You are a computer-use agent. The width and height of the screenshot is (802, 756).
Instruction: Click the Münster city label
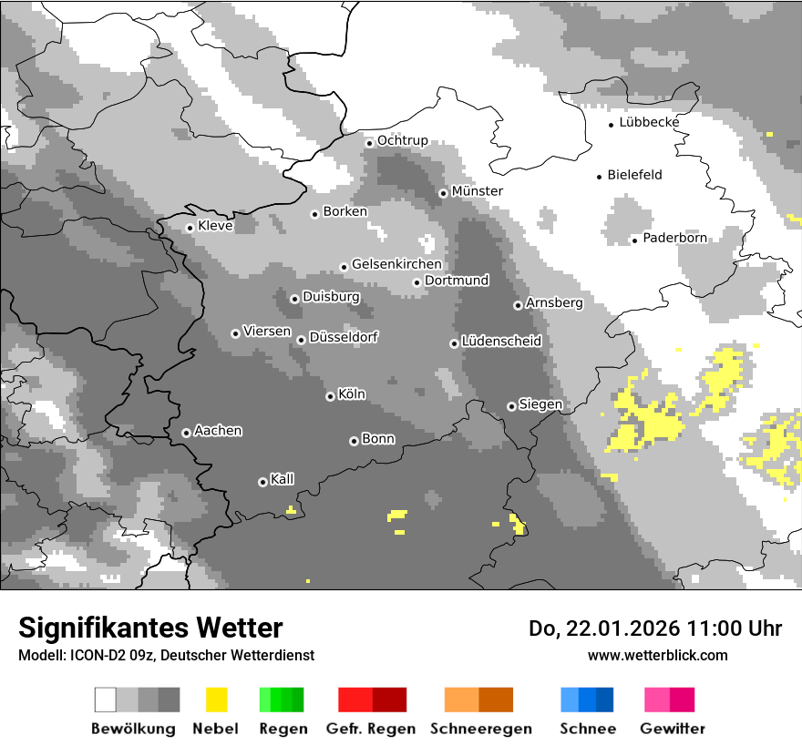tap(477, 191)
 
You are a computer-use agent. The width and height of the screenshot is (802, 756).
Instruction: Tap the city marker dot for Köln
tap(330, 396)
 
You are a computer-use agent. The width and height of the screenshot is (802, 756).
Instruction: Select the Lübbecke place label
tap(649, 122)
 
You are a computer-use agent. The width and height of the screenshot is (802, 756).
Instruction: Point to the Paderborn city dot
tap(634, 240)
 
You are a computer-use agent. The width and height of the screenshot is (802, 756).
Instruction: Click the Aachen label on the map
tap(218, 431)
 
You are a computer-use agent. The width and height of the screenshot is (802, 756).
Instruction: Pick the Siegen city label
tap(540, 404)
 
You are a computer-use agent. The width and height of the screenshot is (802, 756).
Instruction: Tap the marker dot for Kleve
tap(190, 228)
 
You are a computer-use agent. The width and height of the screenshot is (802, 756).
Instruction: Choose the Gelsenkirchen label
tap(396, 264)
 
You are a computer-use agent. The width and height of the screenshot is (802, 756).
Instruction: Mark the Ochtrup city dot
tap(369, 142)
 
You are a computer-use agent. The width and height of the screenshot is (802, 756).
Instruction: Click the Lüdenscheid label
tap(501, 342)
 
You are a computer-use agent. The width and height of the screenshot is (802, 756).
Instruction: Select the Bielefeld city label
tap(634, 175)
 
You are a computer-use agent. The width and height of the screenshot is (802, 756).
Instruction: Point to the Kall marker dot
tap(262, 482)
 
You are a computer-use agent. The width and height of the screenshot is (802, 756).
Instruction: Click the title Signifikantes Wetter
tap(150, 628)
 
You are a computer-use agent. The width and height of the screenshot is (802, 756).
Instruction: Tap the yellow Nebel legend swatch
tap(216, 700)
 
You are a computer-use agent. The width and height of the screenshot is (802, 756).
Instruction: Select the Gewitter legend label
tap(673, 729)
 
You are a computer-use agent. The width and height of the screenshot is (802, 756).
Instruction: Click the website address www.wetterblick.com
tap(657, 656)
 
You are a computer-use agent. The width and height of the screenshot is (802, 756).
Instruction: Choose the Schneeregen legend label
tap(481, 729)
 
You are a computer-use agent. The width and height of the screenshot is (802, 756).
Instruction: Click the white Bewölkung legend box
tap(106, 700)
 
